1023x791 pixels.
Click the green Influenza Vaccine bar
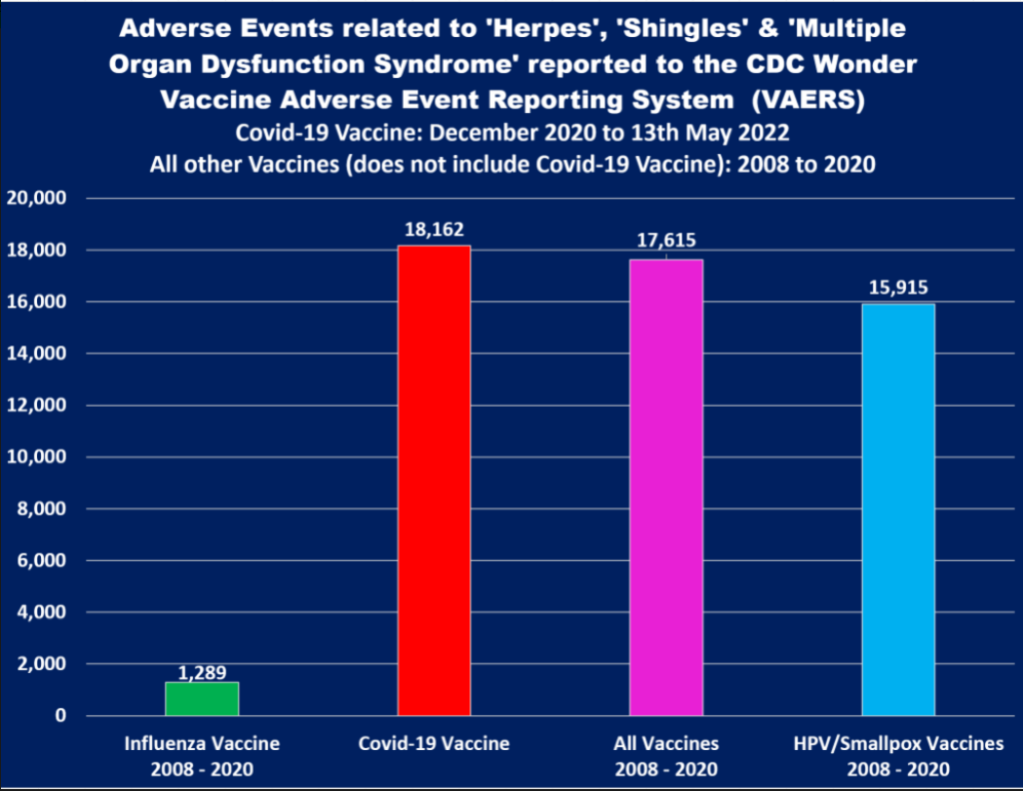(202, 699)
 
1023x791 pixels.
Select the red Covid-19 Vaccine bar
(434, 480)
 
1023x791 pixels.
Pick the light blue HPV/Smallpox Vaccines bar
(898, 509)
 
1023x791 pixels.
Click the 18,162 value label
(434, 230)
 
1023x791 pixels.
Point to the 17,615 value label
(666, 241)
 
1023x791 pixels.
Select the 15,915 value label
(898, 289)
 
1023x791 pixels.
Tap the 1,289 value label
(202, 673)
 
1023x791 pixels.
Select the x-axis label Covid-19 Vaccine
(434, 744)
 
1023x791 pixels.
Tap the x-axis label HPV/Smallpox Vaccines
(898, 744)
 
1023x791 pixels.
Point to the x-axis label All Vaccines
(666, 744)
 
